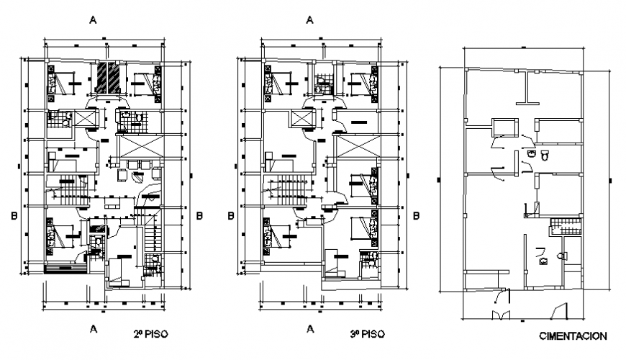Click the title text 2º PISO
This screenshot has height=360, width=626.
(150, 334)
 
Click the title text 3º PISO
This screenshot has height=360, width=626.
(367, 334)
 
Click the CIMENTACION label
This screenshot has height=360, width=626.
(573, 336)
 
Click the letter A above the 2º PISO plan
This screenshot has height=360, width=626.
(93, 20)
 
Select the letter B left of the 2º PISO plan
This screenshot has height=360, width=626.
(14, 215)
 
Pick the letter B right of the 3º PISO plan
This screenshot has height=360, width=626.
(417, 215)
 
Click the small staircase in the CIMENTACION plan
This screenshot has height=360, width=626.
(560, 229)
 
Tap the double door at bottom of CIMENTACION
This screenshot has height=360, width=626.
(501, 315)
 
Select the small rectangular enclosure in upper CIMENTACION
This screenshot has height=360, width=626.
(504, 127)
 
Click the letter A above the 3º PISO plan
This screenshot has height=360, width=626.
(309, 20)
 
